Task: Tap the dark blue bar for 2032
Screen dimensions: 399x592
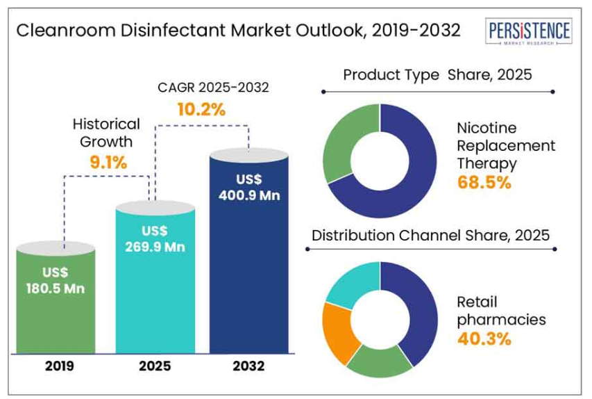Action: point(248,278)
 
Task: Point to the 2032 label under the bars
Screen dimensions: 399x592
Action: point(248,365)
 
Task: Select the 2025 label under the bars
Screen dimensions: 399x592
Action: point(153,365)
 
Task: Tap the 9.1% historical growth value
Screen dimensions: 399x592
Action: point(107,163)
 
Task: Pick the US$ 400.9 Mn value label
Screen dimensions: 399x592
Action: point(248,188)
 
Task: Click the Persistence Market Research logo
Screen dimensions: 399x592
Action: point(530,32)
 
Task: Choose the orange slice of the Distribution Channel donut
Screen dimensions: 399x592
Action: point(341,332)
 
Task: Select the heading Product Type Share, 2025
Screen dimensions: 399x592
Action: point(437,74)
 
